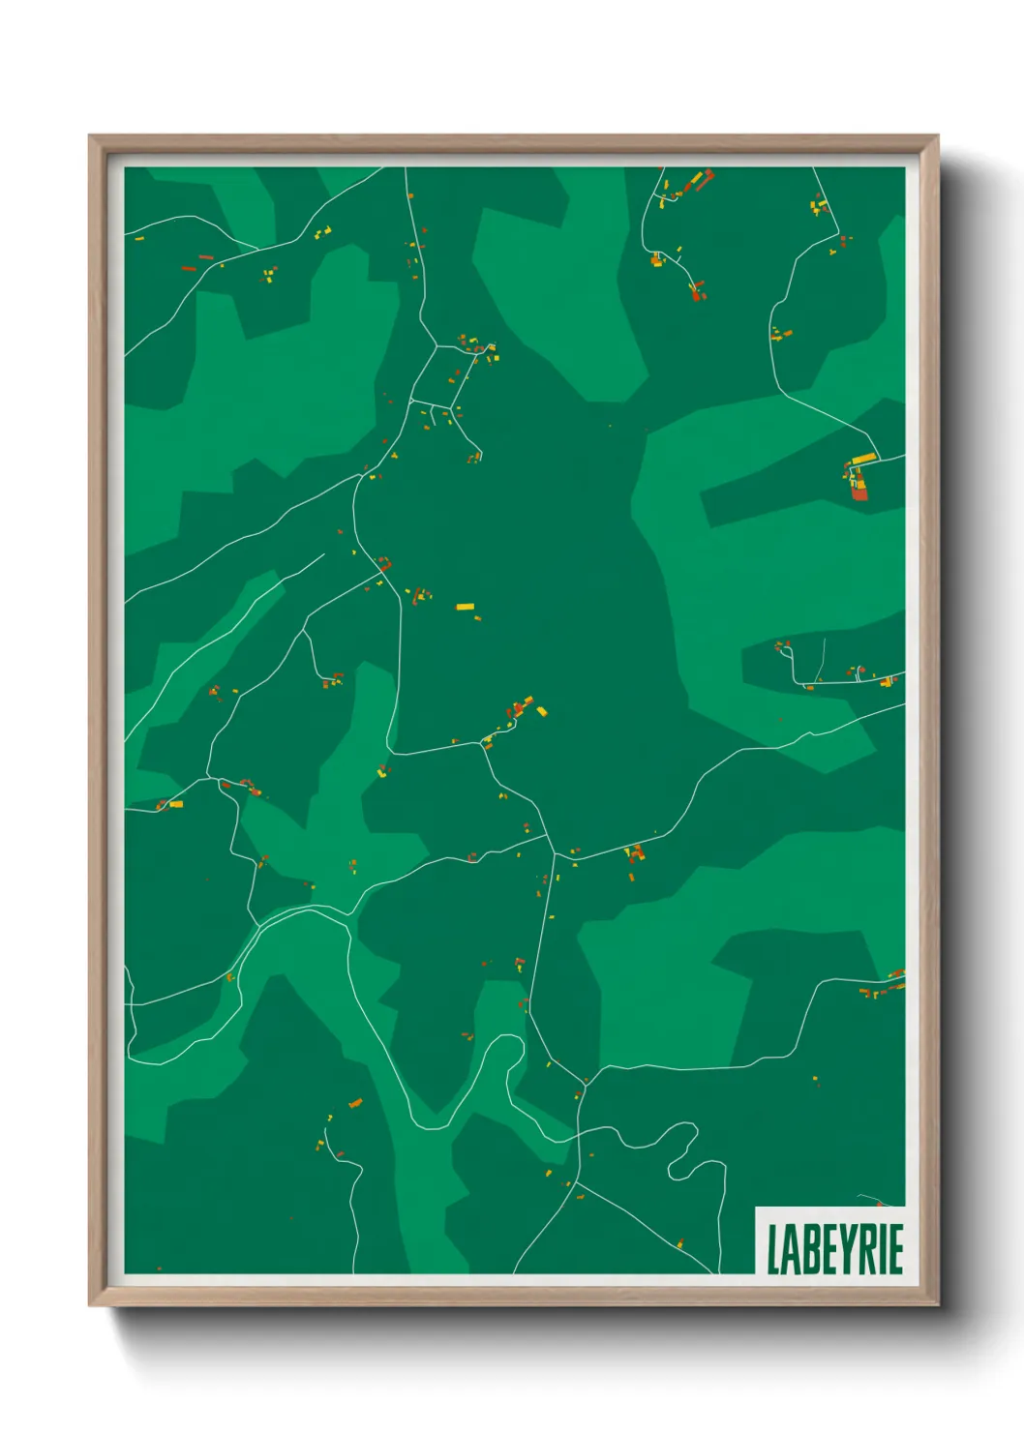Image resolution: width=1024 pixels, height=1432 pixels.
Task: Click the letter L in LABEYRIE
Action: coord(774,1249)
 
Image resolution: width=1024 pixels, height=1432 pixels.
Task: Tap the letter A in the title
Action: coord(791,1249)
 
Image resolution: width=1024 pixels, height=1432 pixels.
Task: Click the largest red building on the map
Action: coord(859,492)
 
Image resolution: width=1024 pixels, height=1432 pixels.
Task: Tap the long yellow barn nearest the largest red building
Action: coord(863,459)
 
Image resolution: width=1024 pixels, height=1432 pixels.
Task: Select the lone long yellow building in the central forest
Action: coord(466,607)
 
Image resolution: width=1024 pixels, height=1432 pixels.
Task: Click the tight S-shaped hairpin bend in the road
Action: coord(683,1151)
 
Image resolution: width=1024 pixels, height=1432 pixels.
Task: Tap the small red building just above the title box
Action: coord(881,1204)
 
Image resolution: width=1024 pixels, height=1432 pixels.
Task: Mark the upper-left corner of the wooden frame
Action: coord(90,136)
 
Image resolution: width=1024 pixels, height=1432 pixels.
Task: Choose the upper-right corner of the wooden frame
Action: coord(937,136)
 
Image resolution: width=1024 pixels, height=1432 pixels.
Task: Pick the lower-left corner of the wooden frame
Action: coord(90,1305)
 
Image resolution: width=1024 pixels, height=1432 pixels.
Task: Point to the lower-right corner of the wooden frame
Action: coord(937,1305)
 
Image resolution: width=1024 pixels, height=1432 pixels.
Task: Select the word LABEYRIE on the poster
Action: coord(834,1249)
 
